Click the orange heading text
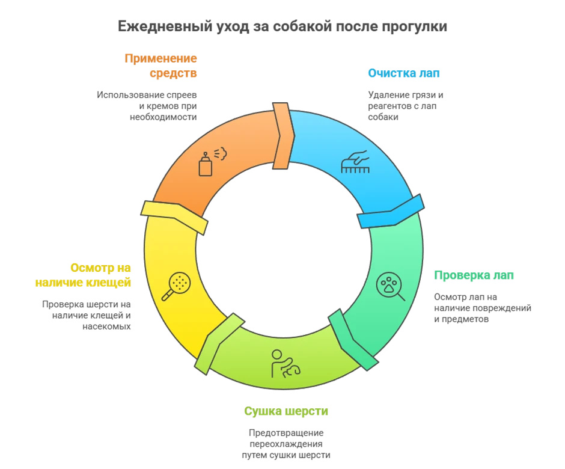pos(161,66)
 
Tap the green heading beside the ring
pos(474,276)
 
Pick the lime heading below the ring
pos(286,412)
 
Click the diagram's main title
pos(281,26)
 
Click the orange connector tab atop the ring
pos(282,135)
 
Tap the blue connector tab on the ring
pos(391,212)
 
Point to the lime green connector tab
pos(211,343)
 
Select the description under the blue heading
pos(406,103)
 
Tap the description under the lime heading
pos(286,445)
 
